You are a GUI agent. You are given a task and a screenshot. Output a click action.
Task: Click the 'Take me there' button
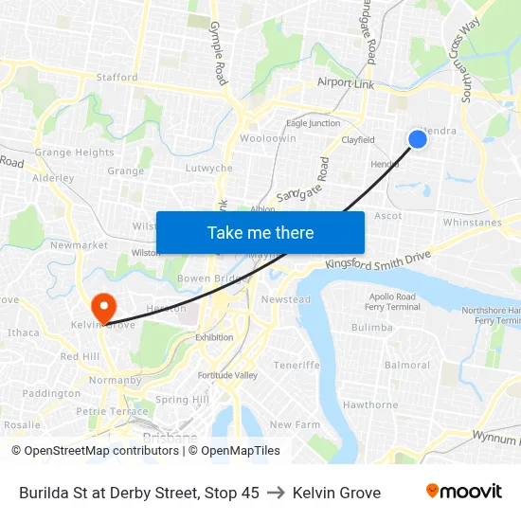260,232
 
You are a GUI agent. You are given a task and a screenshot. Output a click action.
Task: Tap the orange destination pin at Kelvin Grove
102,307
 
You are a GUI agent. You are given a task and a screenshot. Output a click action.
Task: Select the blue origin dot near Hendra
417,139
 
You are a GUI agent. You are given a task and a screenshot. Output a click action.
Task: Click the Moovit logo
464,492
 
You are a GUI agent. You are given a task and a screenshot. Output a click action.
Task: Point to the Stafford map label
117,78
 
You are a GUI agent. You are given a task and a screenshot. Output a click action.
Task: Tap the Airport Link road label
346,83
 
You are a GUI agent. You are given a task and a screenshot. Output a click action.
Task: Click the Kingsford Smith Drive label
378,261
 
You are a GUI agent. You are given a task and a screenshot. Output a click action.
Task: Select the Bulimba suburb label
371,328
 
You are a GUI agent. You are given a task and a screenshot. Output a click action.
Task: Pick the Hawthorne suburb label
369,404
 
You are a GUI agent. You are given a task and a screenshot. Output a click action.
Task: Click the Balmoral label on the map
407,365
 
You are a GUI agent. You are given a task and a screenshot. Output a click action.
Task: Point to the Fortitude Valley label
227,375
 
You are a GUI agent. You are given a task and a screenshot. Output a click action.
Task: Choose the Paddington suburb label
52,393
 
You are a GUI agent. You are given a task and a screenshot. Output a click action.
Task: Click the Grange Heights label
74,153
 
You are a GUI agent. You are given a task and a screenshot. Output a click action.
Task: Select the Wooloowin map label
268,138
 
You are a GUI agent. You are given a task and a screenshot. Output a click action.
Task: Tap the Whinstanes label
472,223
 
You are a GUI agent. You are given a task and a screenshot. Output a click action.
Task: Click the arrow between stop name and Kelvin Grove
276,493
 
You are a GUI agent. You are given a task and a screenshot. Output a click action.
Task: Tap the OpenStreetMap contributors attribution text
96,451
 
